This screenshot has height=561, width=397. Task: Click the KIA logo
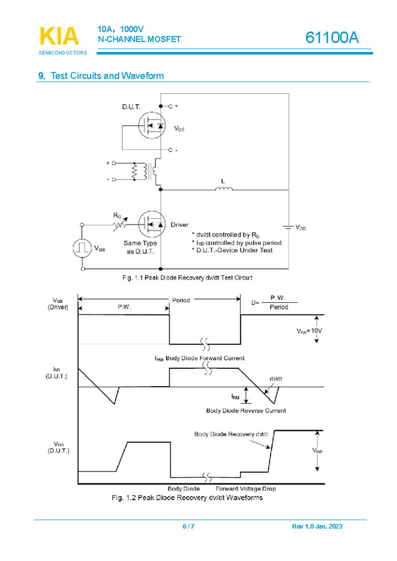click(59, 37)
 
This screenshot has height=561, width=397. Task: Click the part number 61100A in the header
click(332, 38)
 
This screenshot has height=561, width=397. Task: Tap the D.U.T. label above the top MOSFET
click(130, 107)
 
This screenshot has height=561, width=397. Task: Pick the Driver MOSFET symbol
click(152, 226)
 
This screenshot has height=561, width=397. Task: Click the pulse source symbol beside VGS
click(82, 248)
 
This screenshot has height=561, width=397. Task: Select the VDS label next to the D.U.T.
click(179, 128)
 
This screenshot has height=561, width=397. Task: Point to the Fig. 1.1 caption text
click(187, 277)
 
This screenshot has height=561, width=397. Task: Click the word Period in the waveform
click(181, 300)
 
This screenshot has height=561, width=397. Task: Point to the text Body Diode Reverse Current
click(246, 411)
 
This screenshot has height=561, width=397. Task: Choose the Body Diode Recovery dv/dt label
click(231, 434)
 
